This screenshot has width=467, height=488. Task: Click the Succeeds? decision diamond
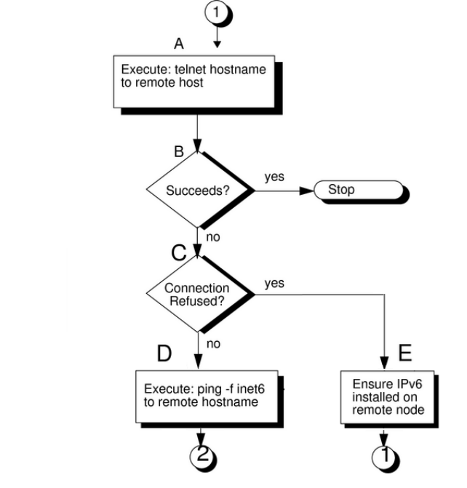pyautogui.click(x=198, y=192)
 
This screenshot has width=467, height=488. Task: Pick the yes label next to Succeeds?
pyautogui.click(x=275, y=177)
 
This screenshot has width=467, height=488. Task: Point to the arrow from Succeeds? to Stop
pyautogui.click(x=284, y=191)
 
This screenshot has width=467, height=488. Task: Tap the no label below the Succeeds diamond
pyautogui.click(x=214, y=236)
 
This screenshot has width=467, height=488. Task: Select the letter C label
pyautogui.click(x=178, y=253)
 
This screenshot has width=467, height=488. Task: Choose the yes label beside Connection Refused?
pyautogui.click(x=274, y=283)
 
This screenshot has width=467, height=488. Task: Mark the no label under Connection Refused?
pyautogui.click(x=213, y=343)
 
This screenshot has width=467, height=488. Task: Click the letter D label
pyautogui.click(x=164, y=354)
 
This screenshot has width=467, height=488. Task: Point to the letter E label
pyautogui.click(x=405, y=353)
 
